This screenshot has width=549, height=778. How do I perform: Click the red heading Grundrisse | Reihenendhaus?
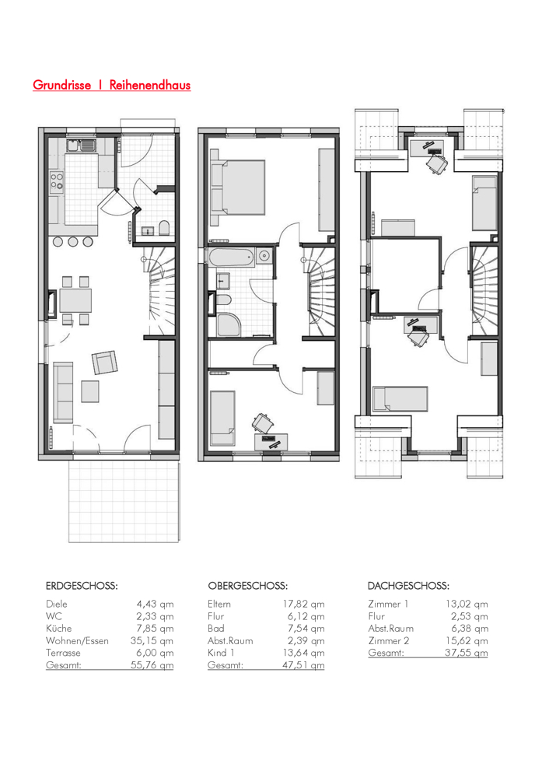click(x=111, y=85)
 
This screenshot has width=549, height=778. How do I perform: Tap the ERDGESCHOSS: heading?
click(x=82, y=586)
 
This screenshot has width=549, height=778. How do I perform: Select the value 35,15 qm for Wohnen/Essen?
click(x=152, y=640)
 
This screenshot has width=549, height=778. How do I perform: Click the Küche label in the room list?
click(x=58, y=628)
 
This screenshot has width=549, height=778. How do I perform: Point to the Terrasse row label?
click(x=63, y=653)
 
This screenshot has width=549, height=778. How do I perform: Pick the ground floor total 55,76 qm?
click(x=152, y=665)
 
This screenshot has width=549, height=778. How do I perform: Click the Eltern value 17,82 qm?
click(x=303, y=604)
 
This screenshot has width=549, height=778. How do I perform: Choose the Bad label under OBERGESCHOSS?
click(x=215, y=628)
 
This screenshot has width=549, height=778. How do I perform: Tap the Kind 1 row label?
click(x=221, y=653)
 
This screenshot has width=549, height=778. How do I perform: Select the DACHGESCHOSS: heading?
click(x=408, y=586)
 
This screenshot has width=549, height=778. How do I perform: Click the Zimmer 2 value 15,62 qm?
click(x=466, y=640)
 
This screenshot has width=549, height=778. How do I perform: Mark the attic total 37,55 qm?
click(x=466, y=653)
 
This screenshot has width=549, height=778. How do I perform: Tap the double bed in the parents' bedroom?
click(x=237, y=187)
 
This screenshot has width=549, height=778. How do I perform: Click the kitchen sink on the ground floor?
click(x=81, y=146)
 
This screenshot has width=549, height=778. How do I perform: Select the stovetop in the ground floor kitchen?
click(x=56, y=181)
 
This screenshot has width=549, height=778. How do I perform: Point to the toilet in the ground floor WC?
click(x=164, y=228)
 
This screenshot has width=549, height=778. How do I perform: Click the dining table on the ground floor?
click(x=75, y=300)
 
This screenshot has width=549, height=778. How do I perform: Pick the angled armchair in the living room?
click(x=105, y=363)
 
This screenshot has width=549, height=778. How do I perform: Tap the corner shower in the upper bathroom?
click(x=228, y=324)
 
